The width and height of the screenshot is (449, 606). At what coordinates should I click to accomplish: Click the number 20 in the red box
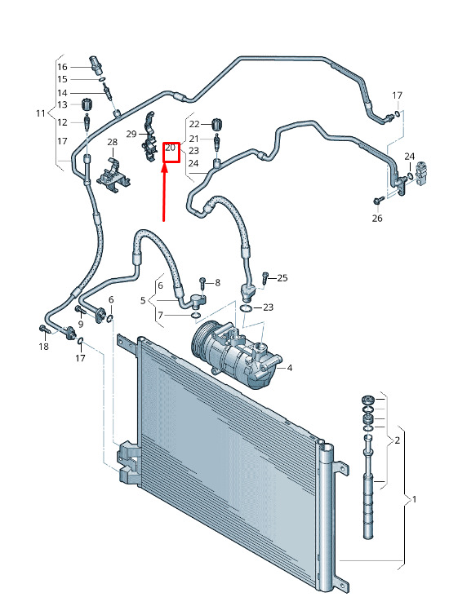pyautogui.click(x=170, y=148)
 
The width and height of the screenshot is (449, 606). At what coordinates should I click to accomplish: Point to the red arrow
pyautogui.click(x=164, y=192)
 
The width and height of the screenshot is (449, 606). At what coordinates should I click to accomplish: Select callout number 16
pyautogui.click(x=62, y=67)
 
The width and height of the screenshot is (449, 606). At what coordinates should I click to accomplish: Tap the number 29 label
pyautogui.click(x=131, y=134)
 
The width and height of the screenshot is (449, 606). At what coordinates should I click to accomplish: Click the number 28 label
pyautogui.click(x=112, y=142)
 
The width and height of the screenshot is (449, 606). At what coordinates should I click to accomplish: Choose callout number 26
pyautogui.click(x=377, y=219)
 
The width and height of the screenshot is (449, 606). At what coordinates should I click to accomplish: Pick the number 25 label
pyautogui.click(x=282, y=278)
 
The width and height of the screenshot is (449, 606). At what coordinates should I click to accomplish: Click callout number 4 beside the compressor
pyautogui.click(x=290, y=368)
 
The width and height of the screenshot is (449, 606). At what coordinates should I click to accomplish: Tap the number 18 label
pyautogui.click(x=44, y=347)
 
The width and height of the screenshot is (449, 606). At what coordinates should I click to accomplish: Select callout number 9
pyautogui.click(x=81, y=324)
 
